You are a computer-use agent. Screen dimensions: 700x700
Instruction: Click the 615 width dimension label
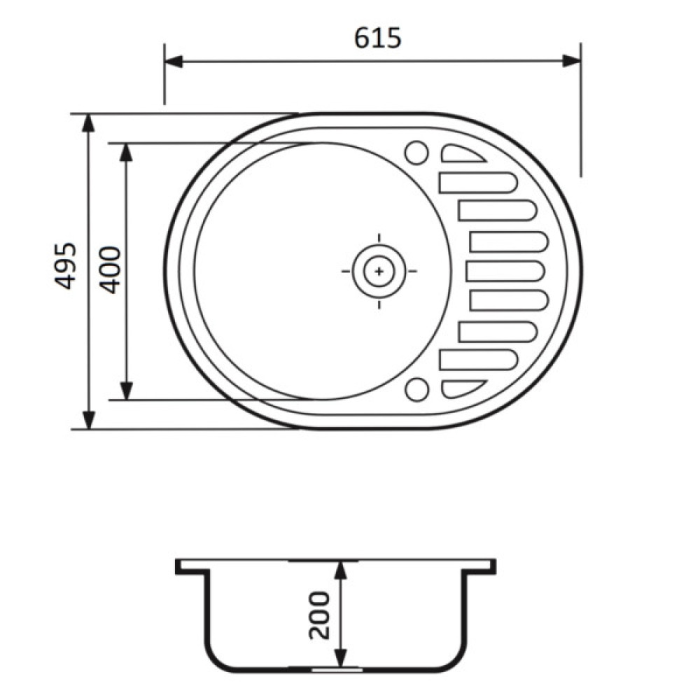(378, 38)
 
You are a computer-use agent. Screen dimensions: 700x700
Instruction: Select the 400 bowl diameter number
(110, 269)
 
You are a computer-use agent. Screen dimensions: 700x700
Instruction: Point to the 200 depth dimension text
(319, 615)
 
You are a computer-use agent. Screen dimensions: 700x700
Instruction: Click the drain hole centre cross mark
(379, 271)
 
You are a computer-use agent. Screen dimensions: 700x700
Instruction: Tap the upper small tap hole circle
(416, 152)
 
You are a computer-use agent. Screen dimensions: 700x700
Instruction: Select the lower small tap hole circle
(416, 388)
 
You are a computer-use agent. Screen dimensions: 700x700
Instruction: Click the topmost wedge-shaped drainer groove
(463, 153)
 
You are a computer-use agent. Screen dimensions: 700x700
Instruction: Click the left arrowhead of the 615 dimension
(174, 61)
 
